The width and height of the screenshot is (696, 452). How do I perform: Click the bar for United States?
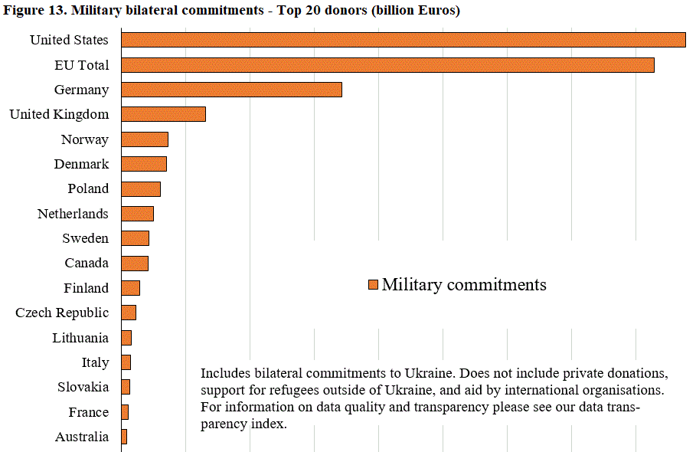point(403,40)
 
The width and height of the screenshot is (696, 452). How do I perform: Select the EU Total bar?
point(387,65)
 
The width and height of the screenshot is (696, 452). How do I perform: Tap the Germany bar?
point(231,90)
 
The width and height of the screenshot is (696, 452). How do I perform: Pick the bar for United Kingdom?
point(163,114)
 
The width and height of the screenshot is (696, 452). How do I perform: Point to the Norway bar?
point(144,139)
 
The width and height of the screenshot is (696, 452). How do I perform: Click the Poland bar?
point(141,189)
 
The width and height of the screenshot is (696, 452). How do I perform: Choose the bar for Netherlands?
point(137,214)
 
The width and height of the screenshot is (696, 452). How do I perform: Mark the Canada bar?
point(135,264)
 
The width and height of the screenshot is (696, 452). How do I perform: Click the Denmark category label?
point(81,164)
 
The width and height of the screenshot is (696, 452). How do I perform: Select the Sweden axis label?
point(85,238)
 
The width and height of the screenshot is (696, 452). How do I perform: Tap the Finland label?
point(86,288)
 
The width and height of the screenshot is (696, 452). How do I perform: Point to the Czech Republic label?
point(62,313)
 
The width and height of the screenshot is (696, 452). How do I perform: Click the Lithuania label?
point(80,338)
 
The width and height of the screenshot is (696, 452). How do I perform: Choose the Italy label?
point(95,362)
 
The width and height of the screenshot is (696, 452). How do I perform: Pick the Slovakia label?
point(83,387)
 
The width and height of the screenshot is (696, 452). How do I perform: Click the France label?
point(88,412)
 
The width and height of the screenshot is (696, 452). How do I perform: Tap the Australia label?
point(81,437)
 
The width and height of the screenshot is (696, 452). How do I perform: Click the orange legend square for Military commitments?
point(373,285)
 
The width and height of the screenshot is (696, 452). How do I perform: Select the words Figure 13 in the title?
point(33,11)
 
